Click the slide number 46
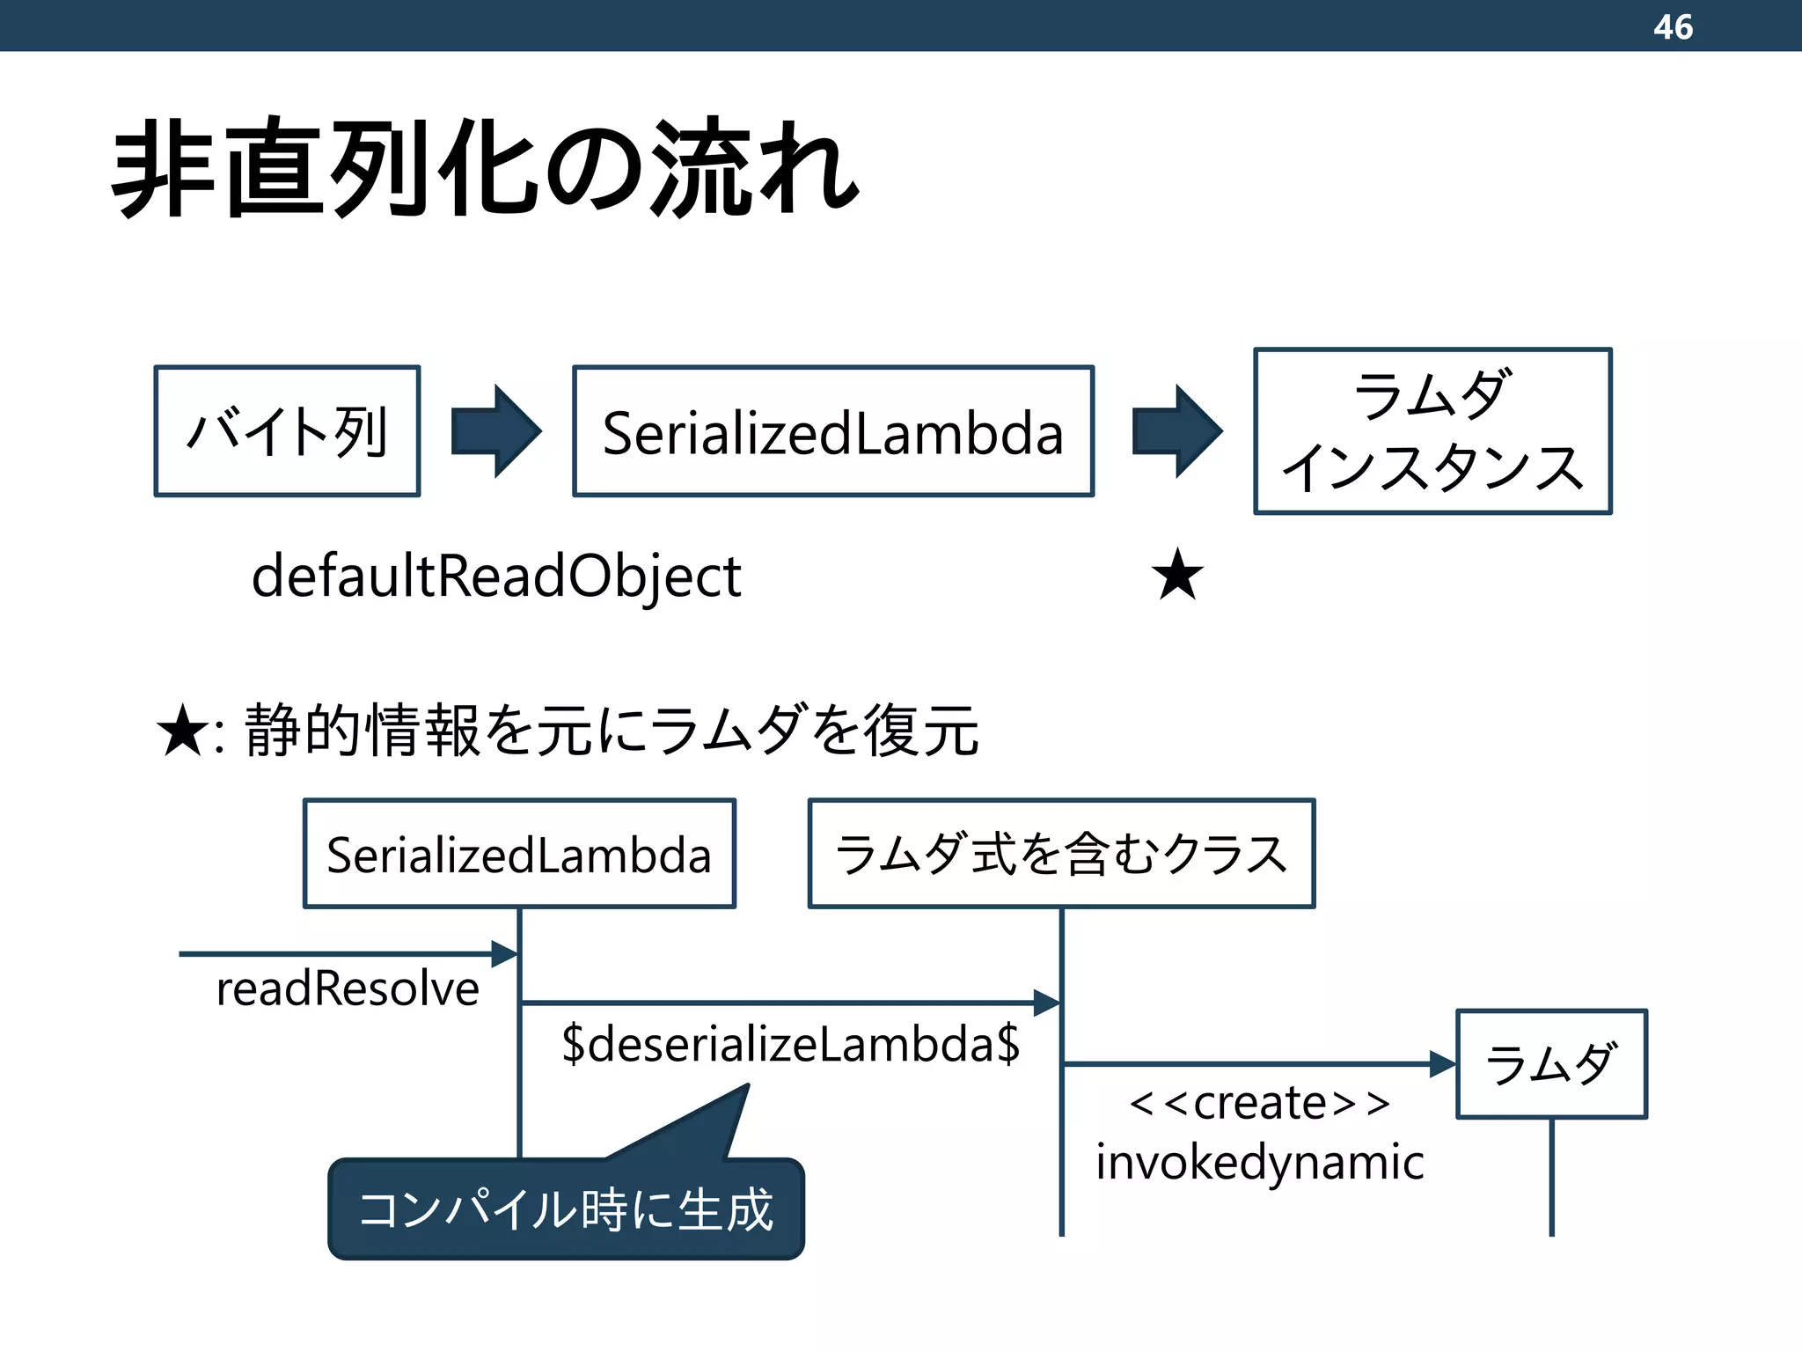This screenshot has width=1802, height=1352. [x=1672, y=26]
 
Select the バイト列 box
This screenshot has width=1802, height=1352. [x=287, y=431]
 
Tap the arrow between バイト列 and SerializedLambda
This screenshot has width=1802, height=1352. [x=495, y=431]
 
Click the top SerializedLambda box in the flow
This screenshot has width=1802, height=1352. [x=832, y=431]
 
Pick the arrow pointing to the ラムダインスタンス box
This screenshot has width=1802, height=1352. [x=1176, y=431]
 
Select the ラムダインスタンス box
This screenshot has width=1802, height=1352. [x=1432, y=431]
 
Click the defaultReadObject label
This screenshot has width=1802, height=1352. [x=496, y=577]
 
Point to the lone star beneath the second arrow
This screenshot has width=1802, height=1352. [x=1177, y=575]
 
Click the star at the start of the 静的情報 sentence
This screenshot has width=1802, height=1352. [x=183, y=731]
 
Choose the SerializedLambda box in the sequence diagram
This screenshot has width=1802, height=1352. [x=519, y=854]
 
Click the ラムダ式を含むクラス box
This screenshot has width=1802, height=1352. [x=1061, y=854]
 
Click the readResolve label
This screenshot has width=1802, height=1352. [x=348, y=988]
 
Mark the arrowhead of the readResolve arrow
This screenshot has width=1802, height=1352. [x=505, y=953]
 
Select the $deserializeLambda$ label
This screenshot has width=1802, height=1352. [x=790, y=1044]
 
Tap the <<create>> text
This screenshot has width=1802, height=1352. [x=1260, y=1103]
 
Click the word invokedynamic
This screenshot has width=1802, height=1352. [x=1260, y=1163]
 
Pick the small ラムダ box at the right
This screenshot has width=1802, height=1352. [x=1551, y=1063]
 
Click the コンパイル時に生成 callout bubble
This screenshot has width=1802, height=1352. [x=566, y=1209]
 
